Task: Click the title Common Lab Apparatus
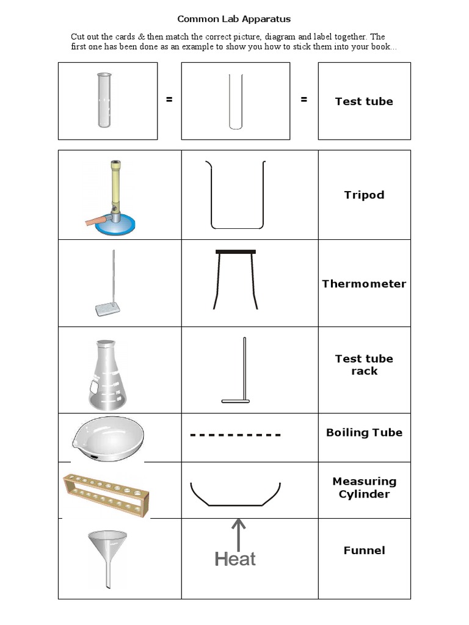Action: point(234,19)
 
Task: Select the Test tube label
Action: point(364,101)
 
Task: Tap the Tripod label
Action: point(364,195)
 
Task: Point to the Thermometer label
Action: point(364,284)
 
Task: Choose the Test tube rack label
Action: point(364,365)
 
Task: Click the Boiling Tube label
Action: point(364,433)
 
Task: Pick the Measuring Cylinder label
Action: point(364,488)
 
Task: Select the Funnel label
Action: point(364,551)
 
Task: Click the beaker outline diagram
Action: point(237,195)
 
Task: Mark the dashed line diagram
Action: point(235,435)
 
